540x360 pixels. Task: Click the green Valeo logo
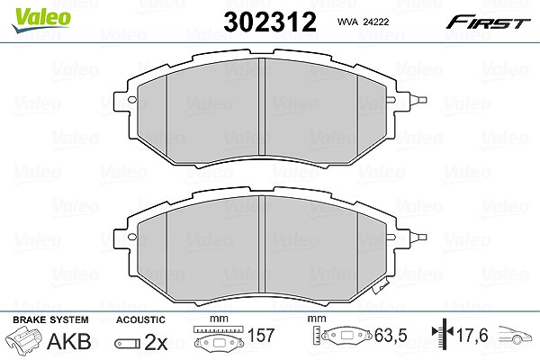[x=41, y=20]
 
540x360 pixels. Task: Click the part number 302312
[x=270, y=22]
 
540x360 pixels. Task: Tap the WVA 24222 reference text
[x=363, y=22]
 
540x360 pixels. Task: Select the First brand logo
[x=488, y=22]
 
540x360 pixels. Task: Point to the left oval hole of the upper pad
[x=132, y=100]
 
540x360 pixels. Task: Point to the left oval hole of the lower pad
[x=132, y=237]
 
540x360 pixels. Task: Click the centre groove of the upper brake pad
[x=262, y=107]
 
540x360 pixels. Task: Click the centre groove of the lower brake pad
[x=262, y=244]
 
